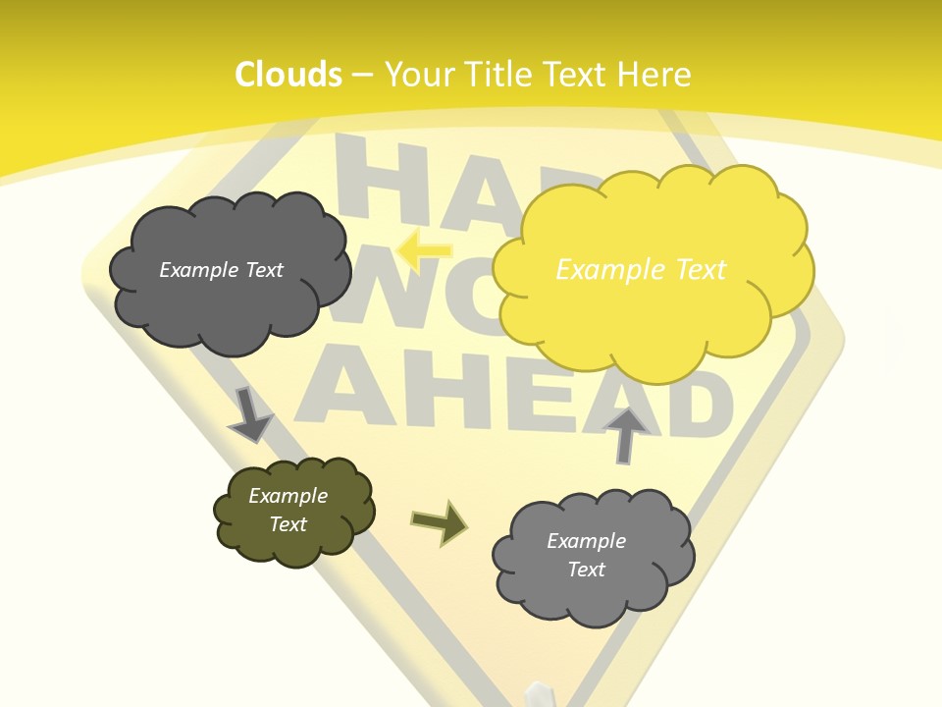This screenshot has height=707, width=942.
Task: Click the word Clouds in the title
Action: pos(288,75)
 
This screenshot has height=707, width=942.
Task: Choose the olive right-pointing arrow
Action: pos(439,522)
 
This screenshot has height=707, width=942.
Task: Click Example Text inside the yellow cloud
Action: pos(641,269)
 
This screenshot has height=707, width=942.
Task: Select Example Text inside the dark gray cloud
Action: pos(221,270)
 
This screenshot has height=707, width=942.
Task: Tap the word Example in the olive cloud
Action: pos(288,496)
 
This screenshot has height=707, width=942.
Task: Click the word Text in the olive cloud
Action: pos(288,524)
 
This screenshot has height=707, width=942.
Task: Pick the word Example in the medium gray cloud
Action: pos(586,541)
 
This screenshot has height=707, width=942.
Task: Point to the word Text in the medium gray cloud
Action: pos(586,570)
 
